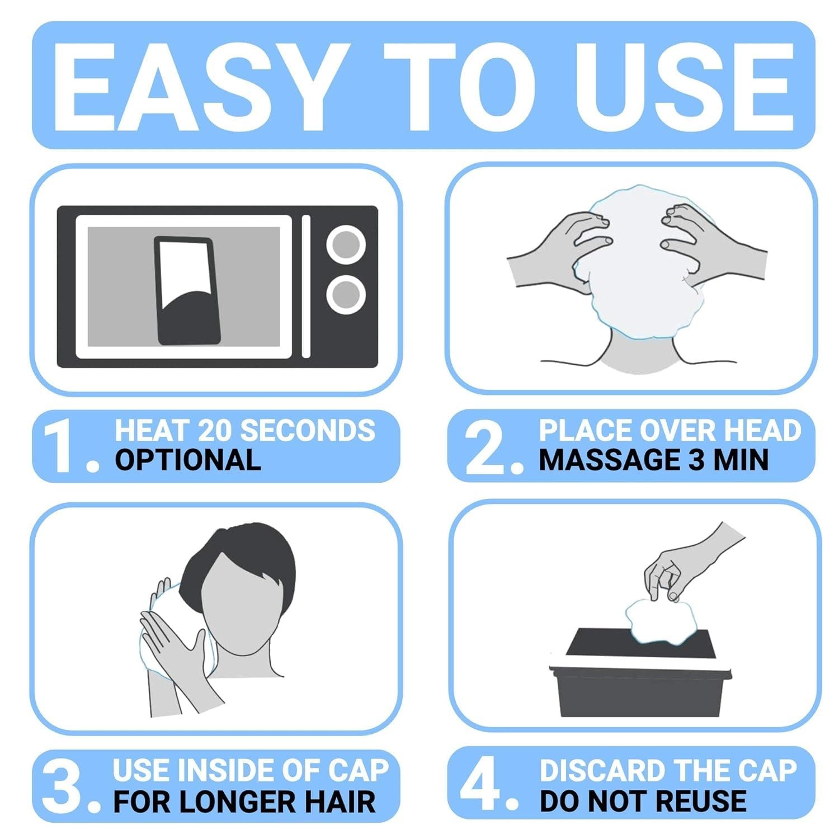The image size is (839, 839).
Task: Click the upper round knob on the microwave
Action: [346, 245]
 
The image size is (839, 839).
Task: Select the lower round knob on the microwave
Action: [346, 294]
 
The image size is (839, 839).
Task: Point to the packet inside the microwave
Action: [187, 290]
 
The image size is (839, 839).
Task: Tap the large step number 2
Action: [492, 446]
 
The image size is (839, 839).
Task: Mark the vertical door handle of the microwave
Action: [306, 286]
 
